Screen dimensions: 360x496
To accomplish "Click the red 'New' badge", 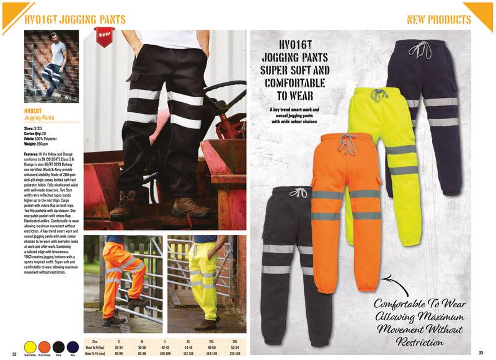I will pyautogui.click(x=104, y=37).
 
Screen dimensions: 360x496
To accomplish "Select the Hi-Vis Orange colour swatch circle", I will pyautogui.click(x=44, y=345).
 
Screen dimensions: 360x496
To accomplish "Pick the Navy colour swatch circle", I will pyautogui.click(x=73, y=345).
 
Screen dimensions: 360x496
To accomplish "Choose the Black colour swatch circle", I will pyautogui.click(x=58, y=345).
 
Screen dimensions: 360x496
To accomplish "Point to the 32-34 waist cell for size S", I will pyautogui.click(x=118, y=347).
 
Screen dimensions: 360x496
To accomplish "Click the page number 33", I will pyautogui.click(x=480, y=353).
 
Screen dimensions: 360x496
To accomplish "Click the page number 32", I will pyautogui.click(x=14, y=353).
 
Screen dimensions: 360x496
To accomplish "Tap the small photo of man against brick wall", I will pyautogui.click(x=51, y=66).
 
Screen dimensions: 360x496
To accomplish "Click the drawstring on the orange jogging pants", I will pyautogui.click(x=347, y=144).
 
